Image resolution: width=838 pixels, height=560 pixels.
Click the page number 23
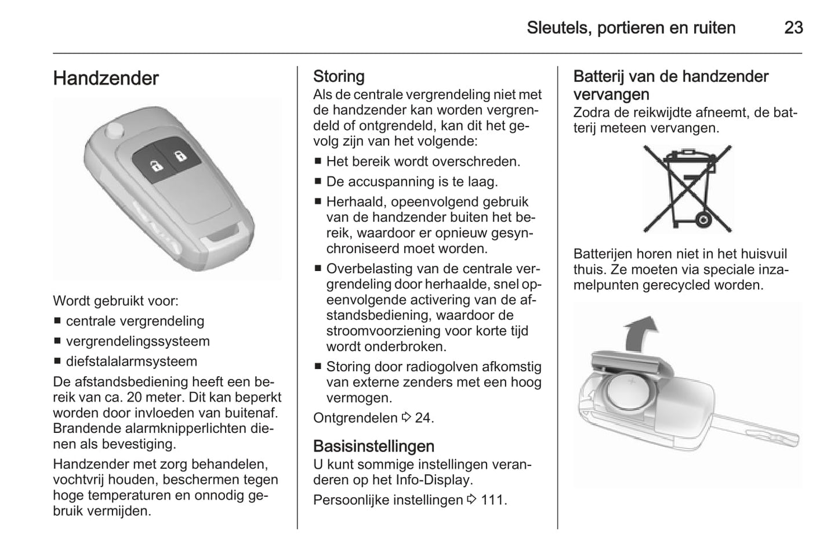pyautogui.click(x=793, y=27)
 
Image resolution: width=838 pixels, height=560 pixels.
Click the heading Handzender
pyautogui.click(x=106, y=78)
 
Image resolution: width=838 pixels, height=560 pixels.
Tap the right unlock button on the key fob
pyautogui.click(x=180, y=156)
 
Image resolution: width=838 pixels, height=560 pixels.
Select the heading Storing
pyautogui.click(x=339, y=77)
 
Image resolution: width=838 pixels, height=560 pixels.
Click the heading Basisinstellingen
pyautogui.click(x=373, y=446)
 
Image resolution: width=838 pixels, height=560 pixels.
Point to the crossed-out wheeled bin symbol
pyautogui.click(x=687, y=189)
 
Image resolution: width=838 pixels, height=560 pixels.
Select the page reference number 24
pyautogui.click(x=423, y=418)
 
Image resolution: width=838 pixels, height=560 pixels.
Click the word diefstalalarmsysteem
pyautogui.click(x=132, y=361)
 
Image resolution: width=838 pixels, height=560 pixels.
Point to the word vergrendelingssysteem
pyautogui.click(x=138, y=341)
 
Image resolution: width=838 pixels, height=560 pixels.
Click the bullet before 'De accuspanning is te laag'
pyautogui.click(x=318, y=182)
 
